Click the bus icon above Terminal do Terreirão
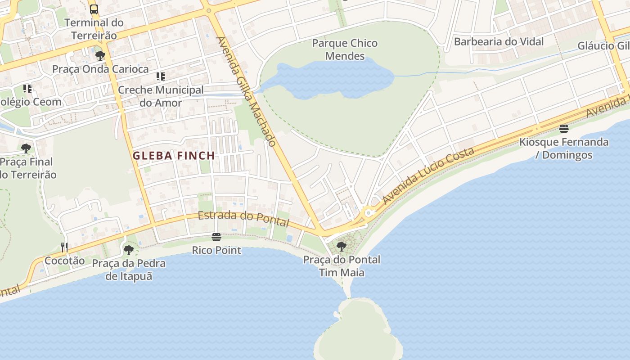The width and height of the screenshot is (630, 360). (94, 9)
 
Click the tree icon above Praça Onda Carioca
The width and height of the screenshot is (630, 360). (100, 56)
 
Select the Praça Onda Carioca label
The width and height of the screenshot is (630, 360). (100, 69)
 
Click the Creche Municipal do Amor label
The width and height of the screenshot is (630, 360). (161, 96)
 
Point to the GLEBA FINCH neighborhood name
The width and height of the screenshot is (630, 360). (174, 156)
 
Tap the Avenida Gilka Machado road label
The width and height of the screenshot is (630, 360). (246, 92)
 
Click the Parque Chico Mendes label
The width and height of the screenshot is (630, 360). (345, 49)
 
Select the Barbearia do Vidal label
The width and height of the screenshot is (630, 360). (499, 42)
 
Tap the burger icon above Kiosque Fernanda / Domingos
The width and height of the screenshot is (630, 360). (564, 129)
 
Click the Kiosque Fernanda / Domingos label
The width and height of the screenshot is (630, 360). (564, 148)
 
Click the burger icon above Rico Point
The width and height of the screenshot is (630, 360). (216, 237)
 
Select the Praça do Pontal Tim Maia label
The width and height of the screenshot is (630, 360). (342, 266)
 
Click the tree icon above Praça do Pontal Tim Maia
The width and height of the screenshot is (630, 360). (342, 246)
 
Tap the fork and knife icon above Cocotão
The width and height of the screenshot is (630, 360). (64, 247)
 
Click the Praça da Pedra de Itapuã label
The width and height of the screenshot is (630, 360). (129, 270)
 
